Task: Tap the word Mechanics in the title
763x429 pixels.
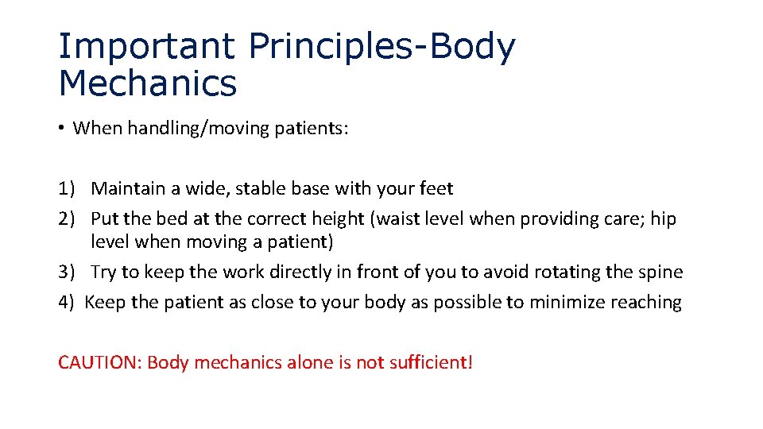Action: (148, 83)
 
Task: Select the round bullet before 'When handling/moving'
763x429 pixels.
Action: (61, 129)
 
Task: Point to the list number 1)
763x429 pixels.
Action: (67, 189)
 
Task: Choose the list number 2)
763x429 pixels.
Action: (67, 218)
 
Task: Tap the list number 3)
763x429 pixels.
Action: (67, 272)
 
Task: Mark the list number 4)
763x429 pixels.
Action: (67, 302)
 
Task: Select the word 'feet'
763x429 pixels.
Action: (435, 189)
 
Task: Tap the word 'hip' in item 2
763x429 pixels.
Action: (664, 218)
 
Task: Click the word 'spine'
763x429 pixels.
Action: (660, 272)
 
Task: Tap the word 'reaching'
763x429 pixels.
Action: (642, 303)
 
